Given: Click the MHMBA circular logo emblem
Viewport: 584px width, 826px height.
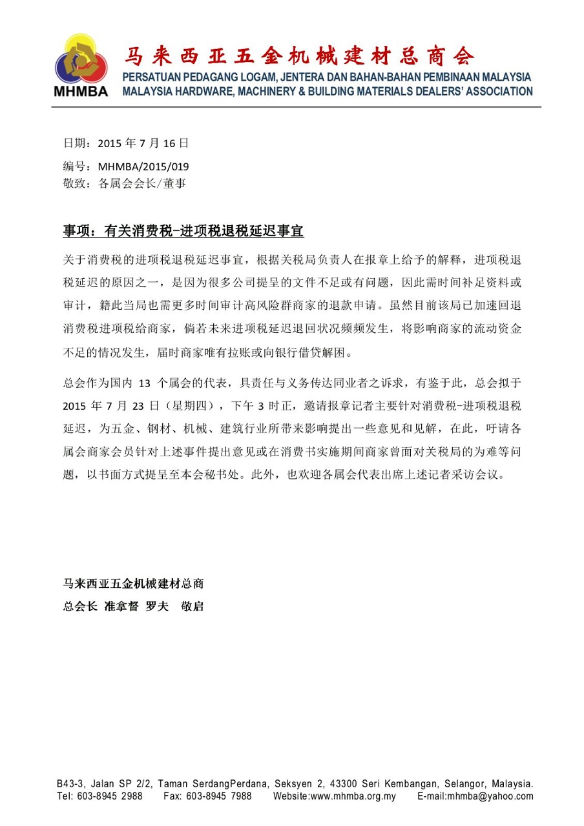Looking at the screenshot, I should click(x=82, y=60).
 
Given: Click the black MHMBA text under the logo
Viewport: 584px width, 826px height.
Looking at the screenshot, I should click(x=82, y=91).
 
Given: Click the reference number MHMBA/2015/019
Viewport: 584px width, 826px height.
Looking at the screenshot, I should click(x=143, y=166).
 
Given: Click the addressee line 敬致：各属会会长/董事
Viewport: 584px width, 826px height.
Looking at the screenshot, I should click(x=125, y=183).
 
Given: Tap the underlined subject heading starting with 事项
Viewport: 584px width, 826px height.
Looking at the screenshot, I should click(x=183, y=231).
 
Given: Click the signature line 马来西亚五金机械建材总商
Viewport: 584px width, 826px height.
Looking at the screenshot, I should click(x=134, y=584).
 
